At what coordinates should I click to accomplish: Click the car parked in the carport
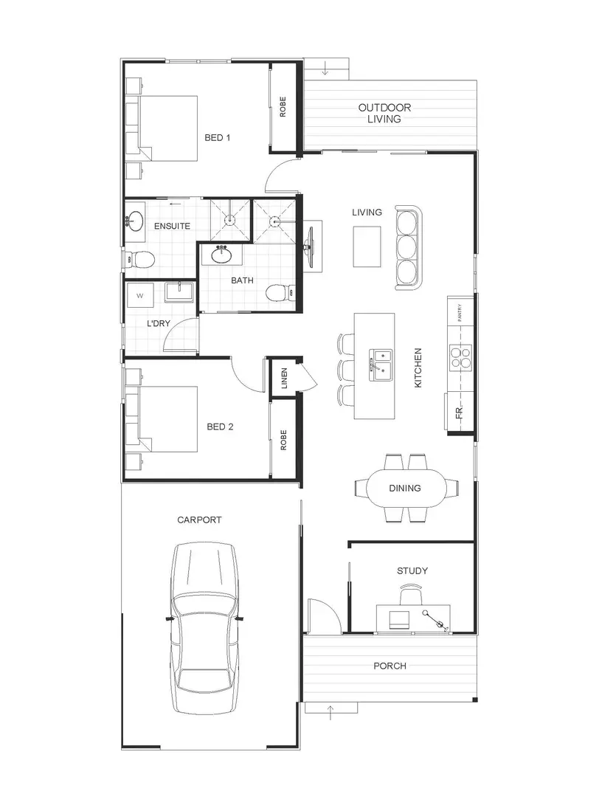click(x=204, y=629)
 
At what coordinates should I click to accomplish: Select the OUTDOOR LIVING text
click(x=384, y=113)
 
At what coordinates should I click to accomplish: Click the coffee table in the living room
click(x=367, y=246)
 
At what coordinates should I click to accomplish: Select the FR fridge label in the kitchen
click(x=459, y=414)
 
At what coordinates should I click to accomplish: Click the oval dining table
click(x=405, y=488)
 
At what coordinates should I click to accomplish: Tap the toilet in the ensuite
click(x=139, y=259)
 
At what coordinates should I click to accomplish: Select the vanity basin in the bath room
click(x=222, y=255)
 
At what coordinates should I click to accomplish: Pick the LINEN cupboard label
click(x=283, y=379)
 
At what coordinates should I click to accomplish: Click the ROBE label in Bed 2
click(x=283, y=440)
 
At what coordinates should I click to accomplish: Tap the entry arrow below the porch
click(x=331, y=712)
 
